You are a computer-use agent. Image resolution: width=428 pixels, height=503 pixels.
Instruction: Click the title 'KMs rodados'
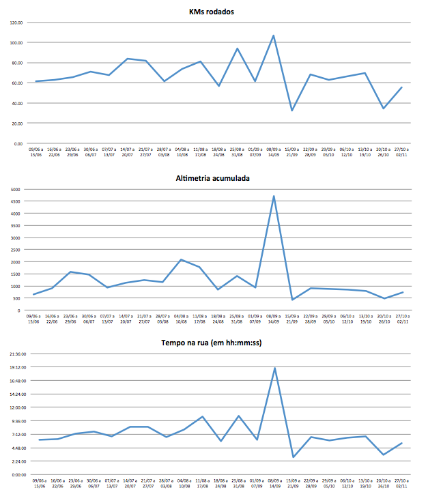pos(216,12)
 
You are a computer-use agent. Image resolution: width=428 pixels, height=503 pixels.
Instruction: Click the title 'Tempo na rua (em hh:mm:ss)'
pos(216,343)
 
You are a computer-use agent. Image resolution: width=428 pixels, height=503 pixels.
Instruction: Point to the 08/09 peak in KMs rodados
pos(274,35)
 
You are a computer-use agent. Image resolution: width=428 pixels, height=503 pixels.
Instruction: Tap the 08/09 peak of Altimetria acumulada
pos(274,197)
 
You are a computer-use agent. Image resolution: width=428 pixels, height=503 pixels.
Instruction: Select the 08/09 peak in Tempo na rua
pos(274,368)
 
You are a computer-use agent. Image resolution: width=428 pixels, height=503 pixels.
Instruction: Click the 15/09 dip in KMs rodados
pos(292,111)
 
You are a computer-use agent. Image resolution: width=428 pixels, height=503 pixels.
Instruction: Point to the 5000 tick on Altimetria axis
pos(16,189)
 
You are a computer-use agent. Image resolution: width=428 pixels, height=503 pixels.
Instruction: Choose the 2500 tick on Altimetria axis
pos(16,250)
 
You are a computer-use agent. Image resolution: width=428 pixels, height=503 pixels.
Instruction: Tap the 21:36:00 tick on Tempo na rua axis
pos(14,354)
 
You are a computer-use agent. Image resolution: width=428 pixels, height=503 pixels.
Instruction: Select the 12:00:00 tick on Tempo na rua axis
pos(14,407)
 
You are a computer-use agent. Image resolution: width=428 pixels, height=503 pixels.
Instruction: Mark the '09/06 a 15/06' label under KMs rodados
pos(34,152)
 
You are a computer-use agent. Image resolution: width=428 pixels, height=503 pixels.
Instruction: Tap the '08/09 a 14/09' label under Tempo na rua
pos(274,483)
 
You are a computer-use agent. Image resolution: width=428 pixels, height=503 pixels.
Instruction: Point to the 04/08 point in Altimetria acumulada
pos(181,259)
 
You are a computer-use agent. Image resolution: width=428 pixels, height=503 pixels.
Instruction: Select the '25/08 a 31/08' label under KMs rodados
pos(237,152)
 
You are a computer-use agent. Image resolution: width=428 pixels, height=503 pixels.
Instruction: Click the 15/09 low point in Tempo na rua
pos(292,457)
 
